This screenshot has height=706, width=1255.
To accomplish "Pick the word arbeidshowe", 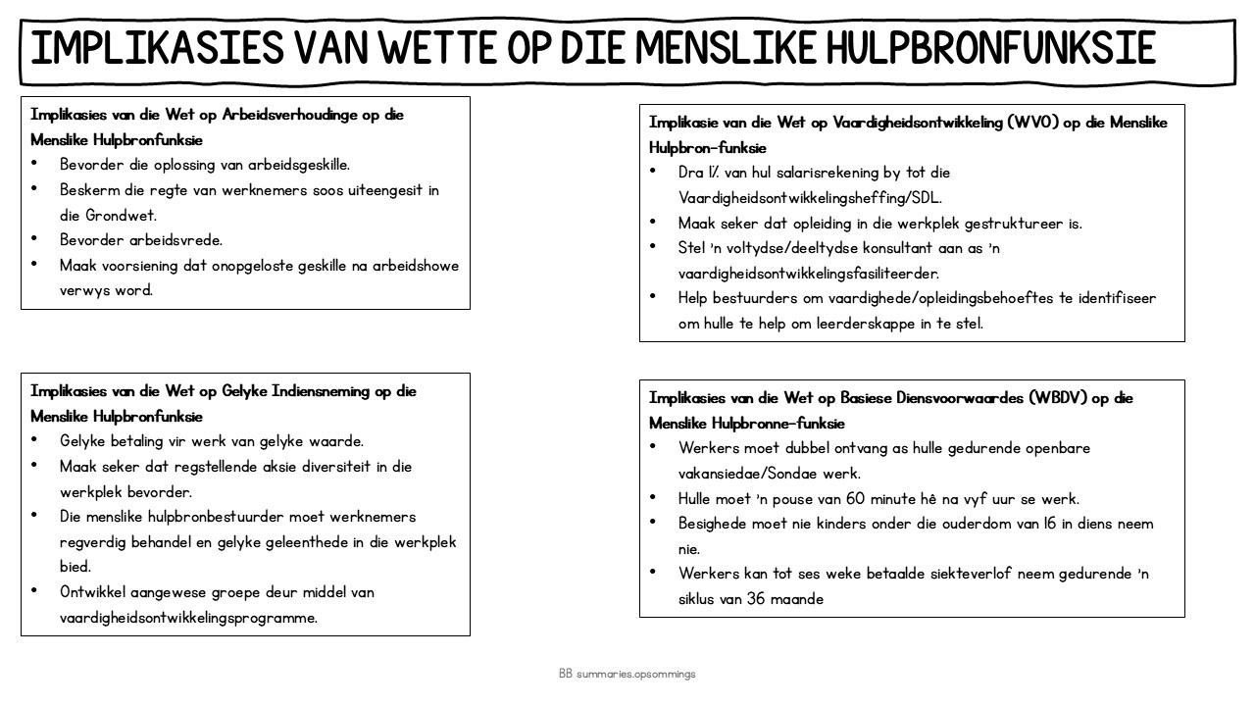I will pos(416,266).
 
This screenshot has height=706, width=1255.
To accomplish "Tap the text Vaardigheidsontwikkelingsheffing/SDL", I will pos(810,197).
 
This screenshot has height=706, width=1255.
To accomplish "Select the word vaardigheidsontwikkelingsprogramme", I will pos(188,618).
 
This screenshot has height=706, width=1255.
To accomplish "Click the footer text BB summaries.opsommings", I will pos(627,675).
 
